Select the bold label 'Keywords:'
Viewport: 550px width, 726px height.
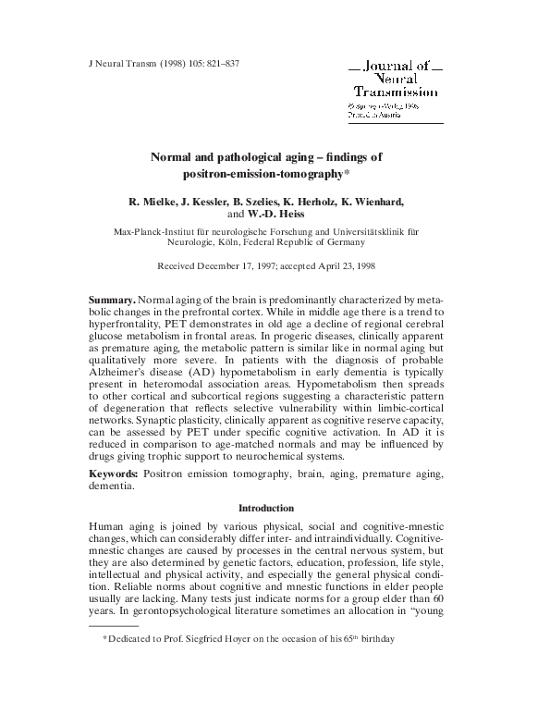116,473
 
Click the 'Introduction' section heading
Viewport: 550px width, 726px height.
266,508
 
